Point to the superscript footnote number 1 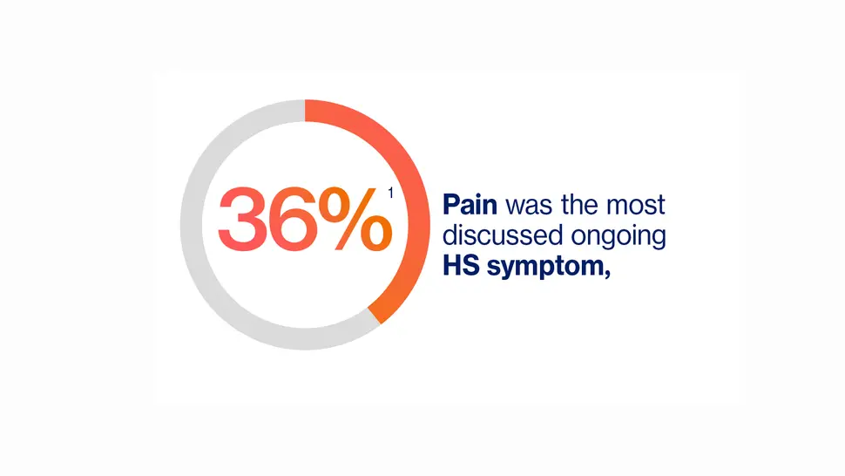[x=390, y=195]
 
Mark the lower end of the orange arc [x=375, y=315]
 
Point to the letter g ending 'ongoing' [x=657, y=238]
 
